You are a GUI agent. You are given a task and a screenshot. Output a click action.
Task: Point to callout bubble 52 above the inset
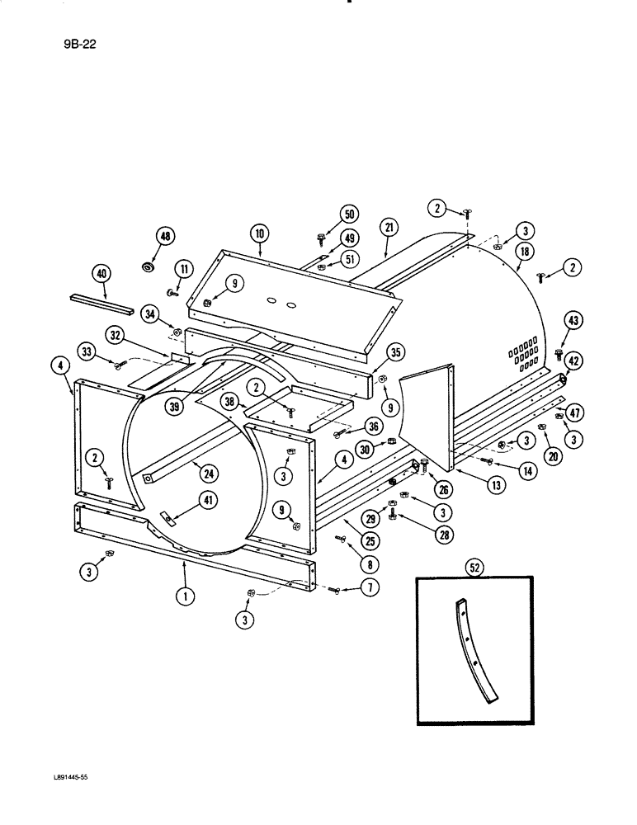pyautogui.click(x=475, y=567)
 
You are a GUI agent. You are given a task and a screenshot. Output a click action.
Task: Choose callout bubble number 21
pyautogui.click(x=389, y=227)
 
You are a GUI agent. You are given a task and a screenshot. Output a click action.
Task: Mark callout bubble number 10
pyautogui.click(x=260, y=234)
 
